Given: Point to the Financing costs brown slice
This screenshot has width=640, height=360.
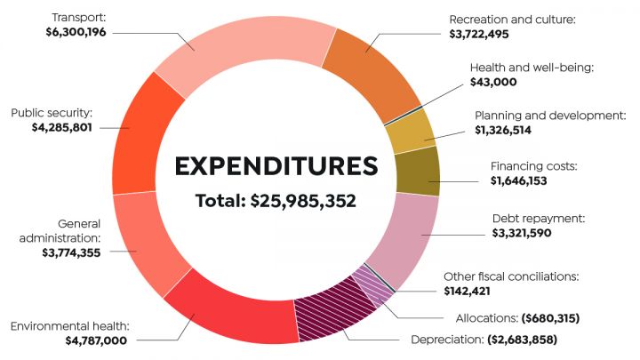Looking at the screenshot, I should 418,172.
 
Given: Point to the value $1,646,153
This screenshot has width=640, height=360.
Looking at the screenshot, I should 532,180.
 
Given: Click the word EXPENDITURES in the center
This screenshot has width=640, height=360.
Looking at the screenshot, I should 276,166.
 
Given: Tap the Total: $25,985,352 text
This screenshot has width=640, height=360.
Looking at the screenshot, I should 276,201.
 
